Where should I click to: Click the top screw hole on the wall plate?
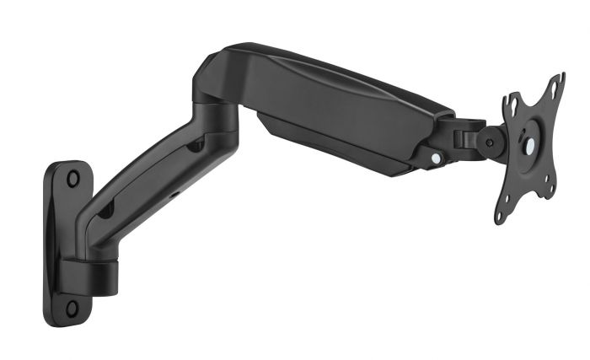click(x=73, y=178)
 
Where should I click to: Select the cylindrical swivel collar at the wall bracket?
click(x=93, y=273)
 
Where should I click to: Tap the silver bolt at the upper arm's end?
click(x=435, y=157)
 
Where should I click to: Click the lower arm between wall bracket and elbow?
click(x=143, y=181)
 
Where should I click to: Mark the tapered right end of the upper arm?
click(x=438, y=126)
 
